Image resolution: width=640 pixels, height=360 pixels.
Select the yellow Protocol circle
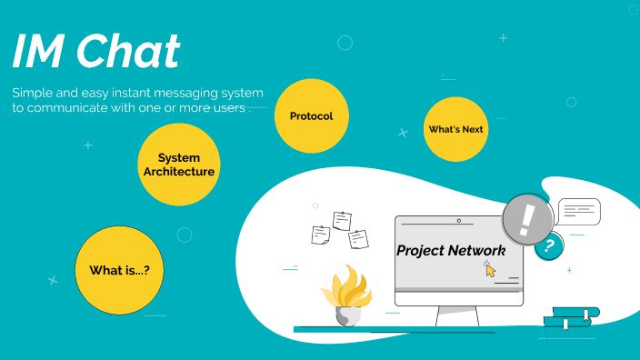(x=311, y=116)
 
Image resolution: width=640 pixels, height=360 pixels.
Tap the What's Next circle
(x=455, y=129)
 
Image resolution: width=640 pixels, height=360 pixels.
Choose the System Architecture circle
(x=179, y=165)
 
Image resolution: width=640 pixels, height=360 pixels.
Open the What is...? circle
(x=119, y=270)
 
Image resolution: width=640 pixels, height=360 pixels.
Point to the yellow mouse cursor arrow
(x=491, y=270)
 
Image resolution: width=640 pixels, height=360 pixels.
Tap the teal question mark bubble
(x=548, y=245)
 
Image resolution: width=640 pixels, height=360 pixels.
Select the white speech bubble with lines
(x=578, y=211)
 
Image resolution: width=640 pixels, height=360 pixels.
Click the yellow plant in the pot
(x=347, y=287)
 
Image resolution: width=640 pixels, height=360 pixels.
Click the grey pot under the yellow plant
(x=348, y=315)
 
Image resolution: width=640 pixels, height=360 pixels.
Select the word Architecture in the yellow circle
(x=179, y=171)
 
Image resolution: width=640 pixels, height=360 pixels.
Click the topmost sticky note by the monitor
(x=342, y=220)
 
